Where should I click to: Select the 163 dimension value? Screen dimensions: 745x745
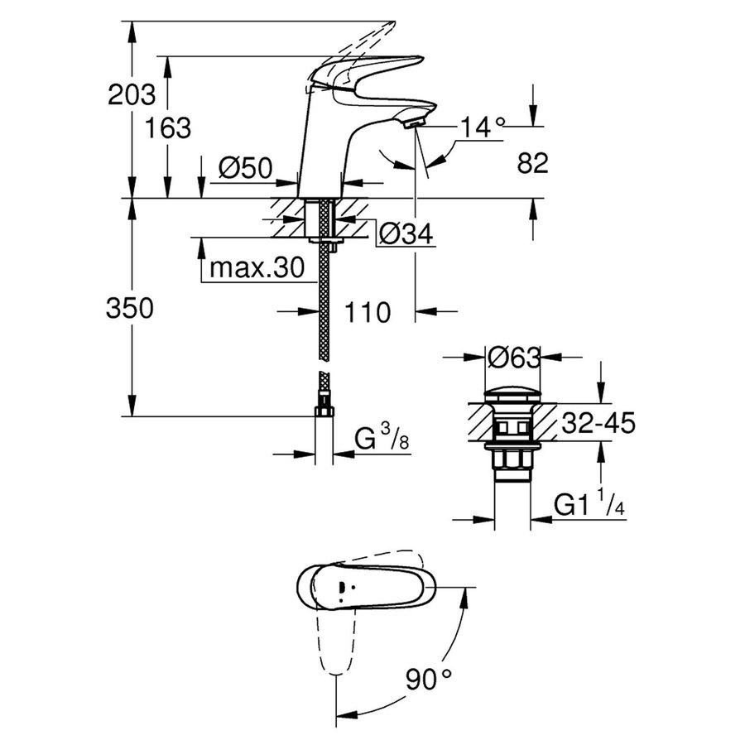167,127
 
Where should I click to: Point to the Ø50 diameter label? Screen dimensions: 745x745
245,169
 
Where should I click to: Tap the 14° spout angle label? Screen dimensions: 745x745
483,127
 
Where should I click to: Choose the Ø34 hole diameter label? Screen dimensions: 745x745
406,235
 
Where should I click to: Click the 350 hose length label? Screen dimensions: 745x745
130,309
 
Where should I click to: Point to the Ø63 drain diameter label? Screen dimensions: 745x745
513,358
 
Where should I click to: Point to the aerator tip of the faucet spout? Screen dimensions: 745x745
414,123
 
